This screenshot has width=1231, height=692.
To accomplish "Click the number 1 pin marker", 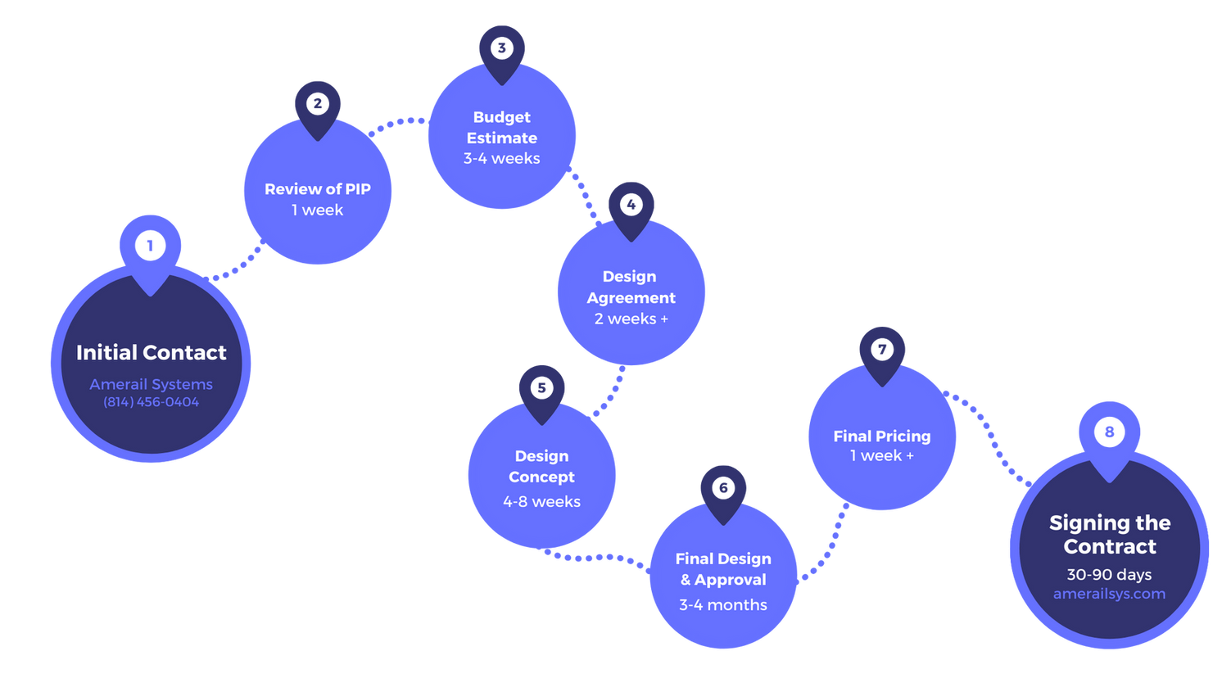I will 150,246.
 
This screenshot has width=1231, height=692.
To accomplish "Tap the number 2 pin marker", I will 317,105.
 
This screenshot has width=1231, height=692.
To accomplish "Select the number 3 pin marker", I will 502,48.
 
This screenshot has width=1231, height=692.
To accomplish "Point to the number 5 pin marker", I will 541,388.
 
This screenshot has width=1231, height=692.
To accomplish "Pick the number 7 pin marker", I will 882,351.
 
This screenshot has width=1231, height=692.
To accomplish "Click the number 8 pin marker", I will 1109,432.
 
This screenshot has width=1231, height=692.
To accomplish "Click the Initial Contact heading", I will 152,353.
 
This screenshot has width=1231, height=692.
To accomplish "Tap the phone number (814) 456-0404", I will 152,402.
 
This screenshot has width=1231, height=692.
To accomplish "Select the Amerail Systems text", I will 152,384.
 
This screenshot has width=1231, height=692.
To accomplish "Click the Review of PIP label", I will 318,189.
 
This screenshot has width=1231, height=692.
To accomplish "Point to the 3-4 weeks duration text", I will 502,159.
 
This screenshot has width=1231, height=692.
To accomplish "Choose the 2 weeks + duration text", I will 631,319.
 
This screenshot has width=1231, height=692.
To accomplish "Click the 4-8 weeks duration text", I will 541,501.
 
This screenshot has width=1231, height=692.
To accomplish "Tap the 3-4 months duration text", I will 723,605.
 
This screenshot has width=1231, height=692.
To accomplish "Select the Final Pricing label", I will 882,436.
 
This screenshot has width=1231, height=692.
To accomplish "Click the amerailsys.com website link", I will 1109,594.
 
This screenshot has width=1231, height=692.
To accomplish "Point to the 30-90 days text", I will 1109,575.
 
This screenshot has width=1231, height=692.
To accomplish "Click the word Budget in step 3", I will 502,117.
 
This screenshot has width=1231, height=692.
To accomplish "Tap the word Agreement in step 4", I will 631,298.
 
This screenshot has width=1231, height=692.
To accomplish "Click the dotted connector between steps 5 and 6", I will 598,559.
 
